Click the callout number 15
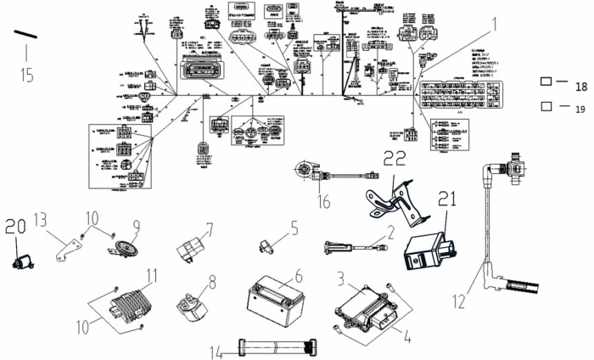click(x=26, y=75)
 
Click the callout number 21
click(x=447, y=200)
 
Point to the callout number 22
click(x=396, y=158)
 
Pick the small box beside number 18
click(x=547, y=82)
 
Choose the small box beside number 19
click(x=547, y=107)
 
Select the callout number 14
click(x=216, y=349)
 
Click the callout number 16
click(x=323, y=200)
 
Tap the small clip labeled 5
click(x=265, y=245)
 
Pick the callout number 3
click(x=340, y=278)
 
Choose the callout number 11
click(x=152, y=274)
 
